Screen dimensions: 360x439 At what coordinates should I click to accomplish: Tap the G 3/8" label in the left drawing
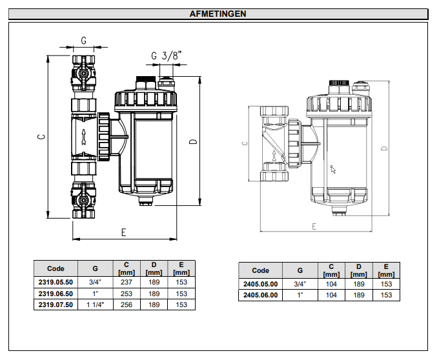(x=166, y=56)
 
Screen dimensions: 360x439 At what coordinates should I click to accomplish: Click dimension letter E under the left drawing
(x=123, y=233)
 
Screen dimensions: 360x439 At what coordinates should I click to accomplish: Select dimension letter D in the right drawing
(x=384, y=148)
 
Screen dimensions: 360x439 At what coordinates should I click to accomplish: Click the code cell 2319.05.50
(x=56, y=281)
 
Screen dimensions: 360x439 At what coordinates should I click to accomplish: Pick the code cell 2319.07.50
(x=56, y=305)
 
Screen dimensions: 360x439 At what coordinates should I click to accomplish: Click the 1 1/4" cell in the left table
(x=95, y=305)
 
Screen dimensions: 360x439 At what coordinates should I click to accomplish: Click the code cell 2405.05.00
(x=260, y=284)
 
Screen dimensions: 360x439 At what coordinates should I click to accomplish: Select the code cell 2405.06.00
(x=260, y=295)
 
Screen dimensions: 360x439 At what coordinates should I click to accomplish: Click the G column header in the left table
(x=95, y=268)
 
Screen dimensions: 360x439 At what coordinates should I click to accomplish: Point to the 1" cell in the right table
(x=300, y=295)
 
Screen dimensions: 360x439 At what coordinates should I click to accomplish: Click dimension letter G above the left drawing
(x=84, y=40)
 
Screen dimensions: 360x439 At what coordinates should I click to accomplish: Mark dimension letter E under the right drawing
(x=314, y=226)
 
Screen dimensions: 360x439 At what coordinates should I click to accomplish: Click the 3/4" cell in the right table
(x=300, y=284)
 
